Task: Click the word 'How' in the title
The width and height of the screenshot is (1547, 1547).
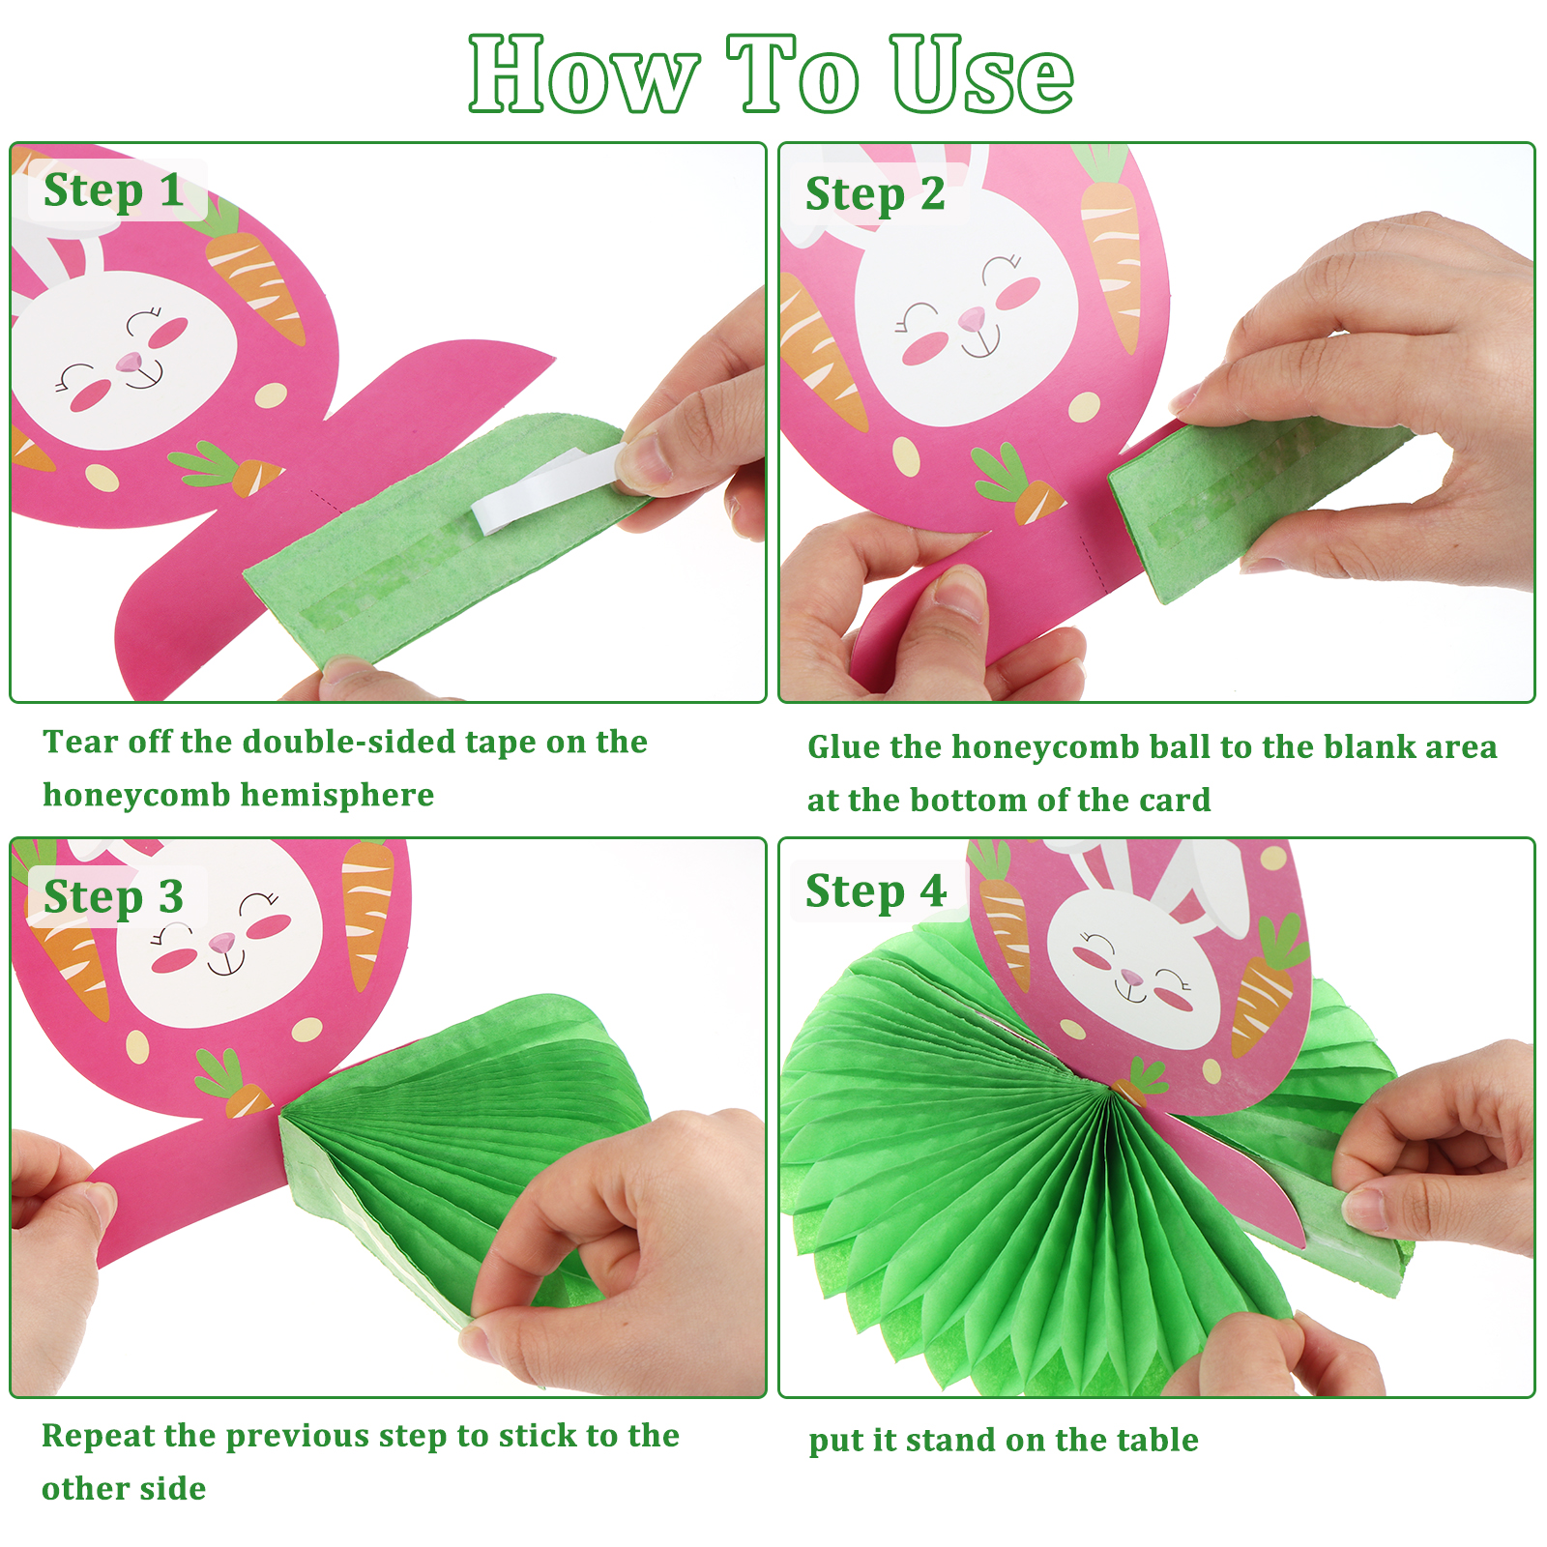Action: click(x=584, y=75)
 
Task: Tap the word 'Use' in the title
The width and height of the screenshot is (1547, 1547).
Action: click(x=982, y=75)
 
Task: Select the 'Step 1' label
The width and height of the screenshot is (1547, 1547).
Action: click(x=114, y=190)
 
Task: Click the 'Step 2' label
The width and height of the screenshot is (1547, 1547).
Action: click(x=875, y=194)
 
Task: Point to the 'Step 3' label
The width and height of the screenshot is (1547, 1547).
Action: click(x=114, y=897)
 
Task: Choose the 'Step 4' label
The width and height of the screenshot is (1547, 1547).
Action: click(x=875, y=891)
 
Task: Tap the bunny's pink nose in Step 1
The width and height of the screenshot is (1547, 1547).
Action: click(x=129, y=362)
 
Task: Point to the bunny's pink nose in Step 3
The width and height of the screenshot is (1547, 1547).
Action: click(x=222, y=940)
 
